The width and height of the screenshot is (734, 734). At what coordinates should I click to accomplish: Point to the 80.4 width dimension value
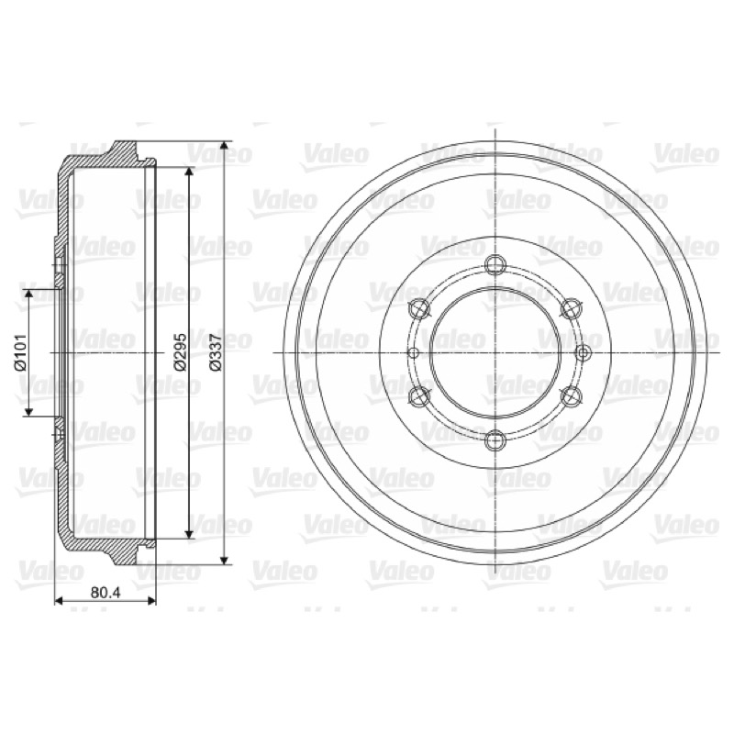coord(106,592)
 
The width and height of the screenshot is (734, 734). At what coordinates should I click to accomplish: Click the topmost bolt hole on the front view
coord(495,265)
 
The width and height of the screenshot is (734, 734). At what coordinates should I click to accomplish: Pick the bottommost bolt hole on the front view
coord(495,441)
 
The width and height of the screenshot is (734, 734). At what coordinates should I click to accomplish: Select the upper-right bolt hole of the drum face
coord(571,308)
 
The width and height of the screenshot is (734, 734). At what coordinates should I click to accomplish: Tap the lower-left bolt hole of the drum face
coord(419,396)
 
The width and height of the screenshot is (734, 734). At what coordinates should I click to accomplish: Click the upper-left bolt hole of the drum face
coord(419,308)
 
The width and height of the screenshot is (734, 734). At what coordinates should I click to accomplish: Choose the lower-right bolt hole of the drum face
coord(571,396)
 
